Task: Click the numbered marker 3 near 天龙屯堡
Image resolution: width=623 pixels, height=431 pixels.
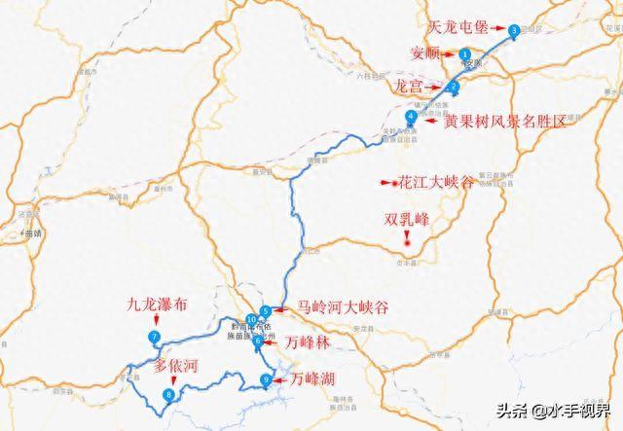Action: (514, 30)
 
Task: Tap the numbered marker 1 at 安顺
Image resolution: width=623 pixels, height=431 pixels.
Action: (466, 54)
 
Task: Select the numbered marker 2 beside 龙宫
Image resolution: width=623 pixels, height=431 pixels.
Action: (455, 86)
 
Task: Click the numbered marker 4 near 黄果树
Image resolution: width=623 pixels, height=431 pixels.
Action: (412, 117)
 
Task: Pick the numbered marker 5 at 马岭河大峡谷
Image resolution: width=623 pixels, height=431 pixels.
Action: (266, 311)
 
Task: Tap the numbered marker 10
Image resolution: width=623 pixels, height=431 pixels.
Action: (251, 320)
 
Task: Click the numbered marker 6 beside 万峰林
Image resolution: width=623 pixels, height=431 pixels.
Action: (258, 341)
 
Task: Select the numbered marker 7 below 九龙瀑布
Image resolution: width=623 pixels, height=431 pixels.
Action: (154, 338)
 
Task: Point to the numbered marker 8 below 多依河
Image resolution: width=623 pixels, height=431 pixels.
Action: (170, 395)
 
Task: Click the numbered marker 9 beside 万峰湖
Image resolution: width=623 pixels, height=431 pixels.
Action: (266, 379)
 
